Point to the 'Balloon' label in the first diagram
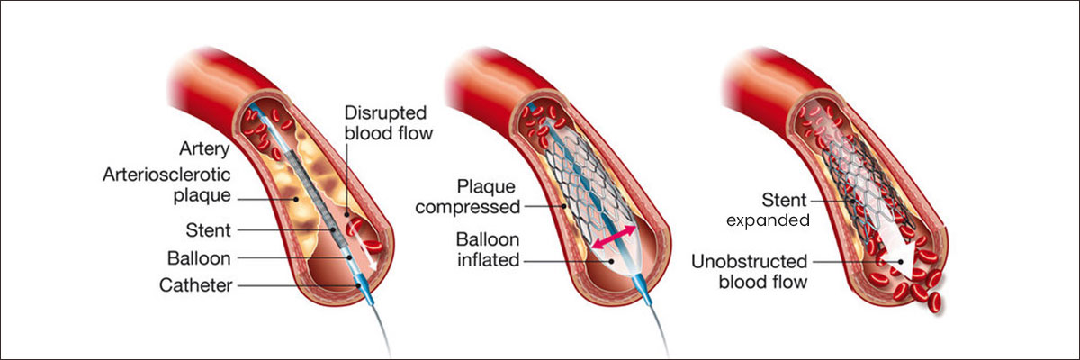point(201,258)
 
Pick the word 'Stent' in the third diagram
point(781,200)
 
